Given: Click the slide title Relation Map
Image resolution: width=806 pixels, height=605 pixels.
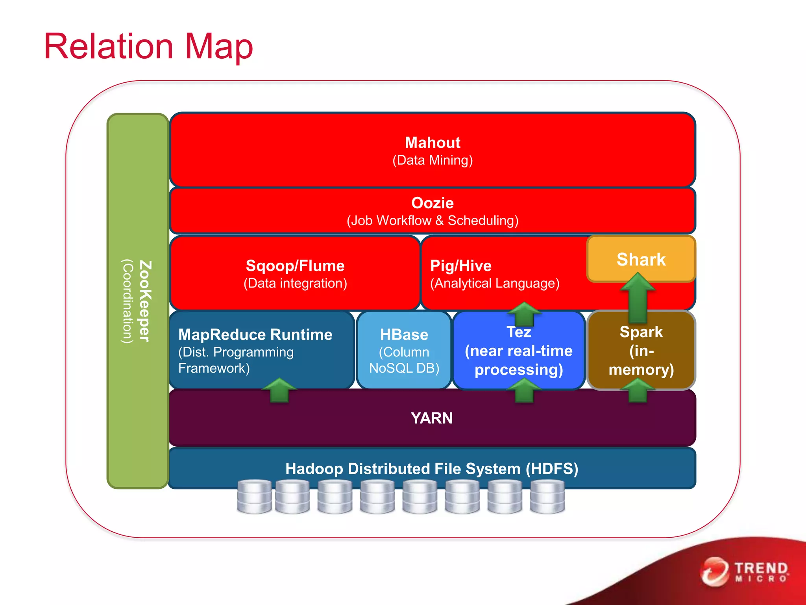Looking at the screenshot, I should (148, 46).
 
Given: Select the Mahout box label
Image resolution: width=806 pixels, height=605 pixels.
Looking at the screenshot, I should (433, 143).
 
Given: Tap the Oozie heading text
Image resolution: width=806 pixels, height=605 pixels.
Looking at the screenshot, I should (433, 203).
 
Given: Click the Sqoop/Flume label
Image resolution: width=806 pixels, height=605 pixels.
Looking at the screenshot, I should (295, 266).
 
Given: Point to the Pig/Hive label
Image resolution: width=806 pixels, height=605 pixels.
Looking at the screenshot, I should (461, 266).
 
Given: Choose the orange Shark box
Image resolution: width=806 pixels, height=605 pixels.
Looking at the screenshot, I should (641, 259).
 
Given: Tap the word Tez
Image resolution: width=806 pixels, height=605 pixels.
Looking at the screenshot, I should (519, 332).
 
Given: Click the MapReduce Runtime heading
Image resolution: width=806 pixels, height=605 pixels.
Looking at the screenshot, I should (255, 334).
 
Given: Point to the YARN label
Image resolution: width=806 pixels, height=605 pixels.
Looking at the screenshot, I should (432, 418).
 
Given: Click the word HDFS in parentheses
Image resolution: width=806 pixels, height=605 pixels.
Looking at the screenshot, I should (552, 469).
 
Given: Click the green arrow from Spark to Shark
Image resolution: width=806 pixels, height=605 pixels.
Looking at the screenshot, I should (638, 299).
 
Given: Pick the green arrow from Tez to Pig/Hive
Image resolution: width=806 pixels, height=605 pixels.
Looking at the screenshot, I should (524, 314).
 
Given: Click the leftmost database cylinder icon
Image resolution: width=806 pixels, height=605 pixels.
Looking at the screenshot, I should (254, 496).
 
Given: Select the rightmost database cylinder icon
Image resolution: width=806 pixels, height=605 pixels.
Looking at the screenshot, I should (547, 496).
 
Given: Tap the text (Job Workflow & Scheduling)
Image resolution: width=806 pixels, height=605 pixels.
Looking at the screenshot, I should (433, 221).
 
